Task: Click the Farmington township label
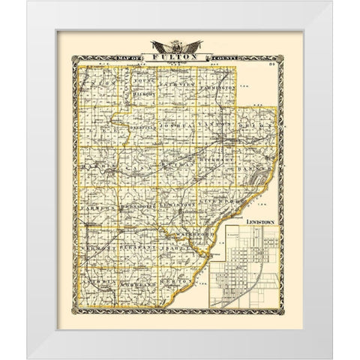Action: coord(219,87)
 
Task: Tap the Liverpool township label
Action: coord(225,201)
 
